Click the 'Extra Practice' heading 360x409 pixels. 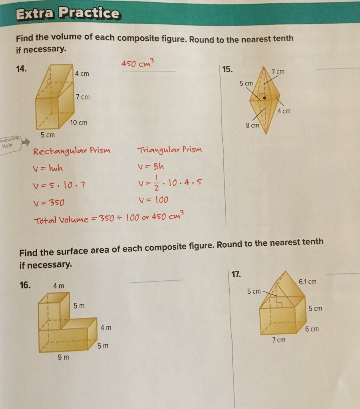[67, 14]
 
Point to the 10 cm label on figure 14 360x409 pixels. [78, 123]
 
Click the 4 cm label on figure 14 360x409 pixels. [82, 74]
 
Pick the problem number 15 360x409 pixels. [227, 69]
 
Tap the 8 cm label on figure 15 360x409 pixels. [252, 125]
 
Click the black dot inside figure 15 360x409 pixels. [265, 97]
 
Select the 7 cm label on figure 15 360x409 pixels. [278, 71]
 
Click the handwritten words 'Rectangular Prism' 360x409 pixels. [72, 151]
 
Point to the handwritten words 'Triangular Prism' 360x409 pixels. [170, 150]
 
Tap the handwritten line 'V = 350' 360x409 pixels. [49, 203]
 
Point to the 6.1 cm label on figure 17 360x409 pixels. [307, 282]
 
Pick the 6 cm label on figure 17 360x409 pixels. [312, 329]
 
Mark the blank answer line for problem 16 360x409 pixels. [155, 281]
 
